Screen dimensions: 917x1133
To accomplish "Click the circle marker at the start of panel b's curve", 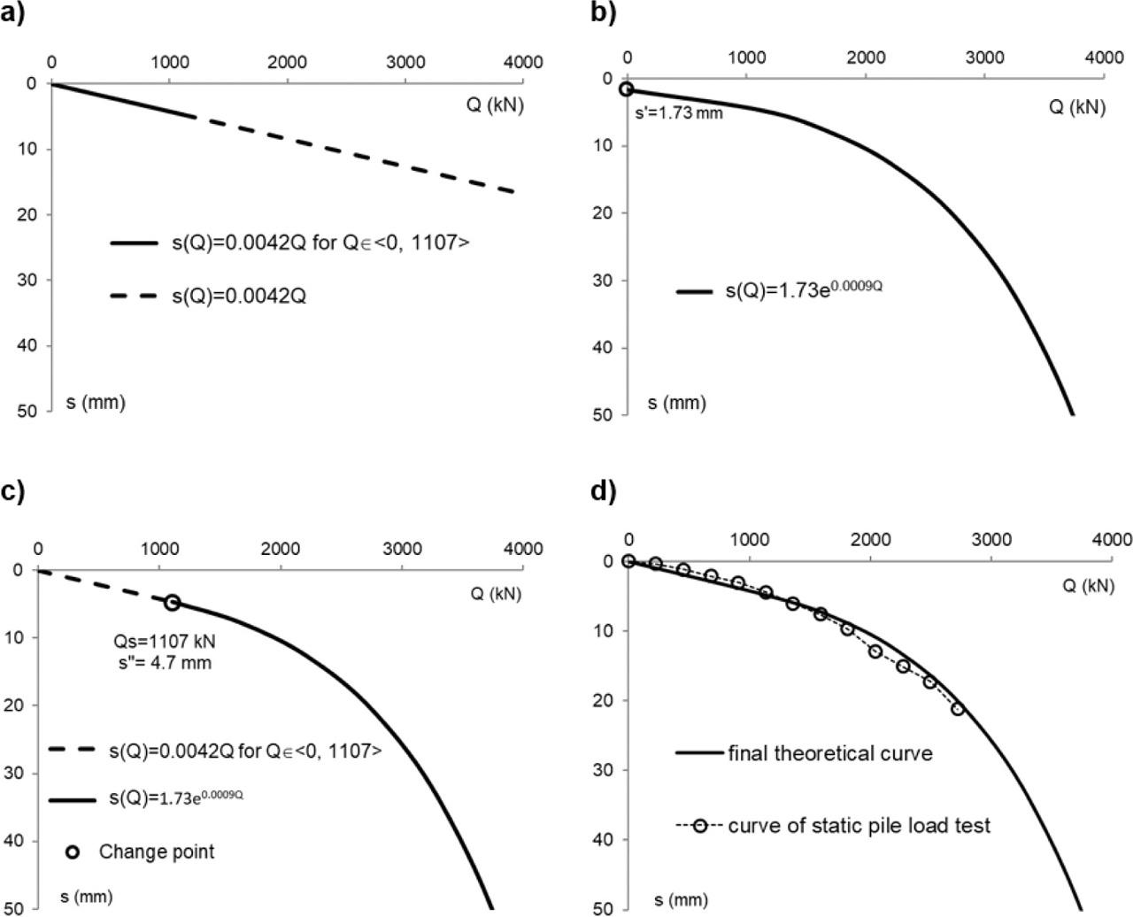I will coord(627,89).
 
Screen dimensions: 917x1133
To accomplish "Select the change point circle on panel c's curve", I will coord(172,602).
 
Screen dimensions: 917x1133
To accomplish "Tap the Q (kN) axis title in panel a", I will coord(496,104).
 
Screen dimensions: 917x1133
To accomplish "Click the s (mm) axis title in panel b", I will coord(677,404).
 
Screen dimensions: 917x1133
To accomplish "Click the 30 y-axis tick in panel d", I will coord(605,770).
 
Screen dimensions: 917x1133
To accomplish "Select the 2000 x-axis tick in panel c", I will coord(281,549).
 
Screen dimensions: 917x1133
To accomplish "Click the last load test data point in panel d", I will coord(957,708).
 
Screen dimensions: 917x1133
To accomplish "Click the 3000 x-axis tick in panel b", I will coord(984,58).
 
